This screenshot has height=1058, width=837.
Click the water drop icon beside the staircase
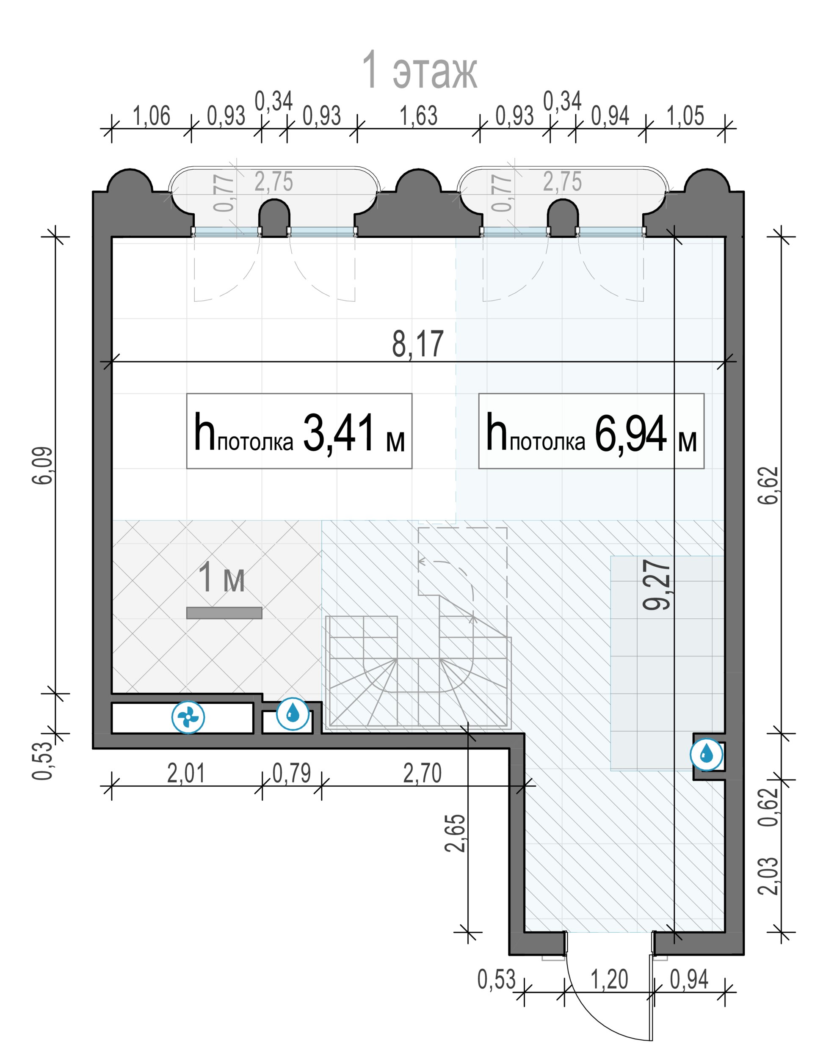(293, 714)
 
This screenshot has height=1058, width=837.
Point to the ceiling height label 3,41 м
(299, 432)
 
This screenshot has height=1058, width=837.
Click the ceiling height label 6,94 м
(591, 432)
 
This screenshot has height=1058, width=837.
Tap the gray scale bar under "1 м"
(224, 613)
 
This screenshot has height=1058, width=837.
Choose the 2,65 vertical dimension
(455, 833)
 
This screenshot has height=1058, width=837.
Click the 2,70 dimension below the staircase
(423, 774)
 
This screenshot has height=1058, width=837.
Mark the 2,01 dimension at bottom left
(186, 774)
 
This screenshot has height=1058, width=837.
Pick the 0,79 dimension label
(292, 774)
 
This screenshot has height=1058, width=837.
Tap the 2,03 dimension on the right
(768, 876)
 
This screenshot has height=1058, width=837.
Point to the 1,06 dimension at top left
(152, 116)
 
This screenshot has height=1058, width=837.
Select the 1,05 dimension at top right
(685, 116)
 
